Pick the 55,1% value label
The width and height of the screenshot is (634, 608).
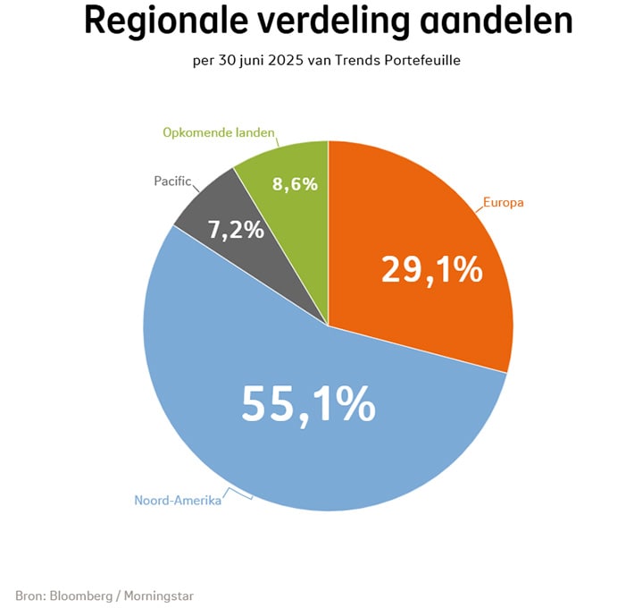pyautogui.click(x=308, y=406)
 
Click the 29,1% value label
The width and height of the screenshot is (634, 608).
pyautogui.click(x=431, y=269)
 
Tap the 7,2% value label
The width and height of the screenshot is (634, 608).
pyautogui.click(x=237, y=229)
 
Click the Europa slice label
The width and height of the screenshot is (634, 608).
pyautogui.click(x=504, y=203)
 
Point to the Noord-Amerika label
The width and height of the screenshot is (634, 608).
pyautogui.click(x=177, y=500)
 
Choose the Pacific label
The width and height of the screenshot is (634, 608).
pyautogui.click(x=171, y=182)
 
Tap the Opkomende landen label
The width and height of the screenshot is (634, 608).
pyautogui.click(x=218, y=133)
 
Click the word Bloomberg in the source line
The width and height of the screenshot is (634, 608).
pyautogui.click(x=80, y=595)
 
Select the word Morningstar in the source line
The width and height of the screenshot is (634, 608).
pyautogui.click(x=158, y=595)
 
